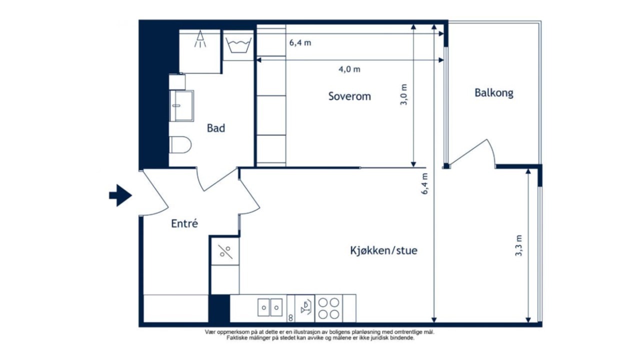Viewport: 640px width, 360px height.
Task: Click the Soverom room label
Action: coord(349,96)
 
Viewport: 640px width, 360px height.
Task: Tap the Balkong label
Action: coord(494,93)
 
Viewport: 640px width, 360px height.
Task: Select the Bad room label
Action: coord(216,128)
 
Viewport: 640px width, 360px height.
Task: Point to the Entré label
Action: coord(184,223)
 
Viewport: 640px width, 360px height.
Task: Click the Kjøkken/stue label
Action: coord(383,250)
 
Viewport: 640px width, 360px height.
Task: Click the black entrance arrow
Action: coord(120,195)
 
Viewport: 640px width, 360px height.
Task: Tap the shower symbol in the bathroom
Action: coord(200,39)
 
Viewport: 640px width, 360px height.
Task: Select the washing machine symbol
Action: coord(238,45)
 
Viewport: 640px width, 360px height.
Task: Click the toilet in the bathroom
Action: coord(180,145)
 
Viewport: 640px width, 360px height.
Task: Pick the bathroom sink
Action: coord(181,106)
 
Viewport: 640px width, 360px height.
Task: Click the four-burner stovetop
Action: coord(328,308)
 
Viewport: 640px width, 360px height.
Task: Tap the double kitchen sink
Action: coord(270,307)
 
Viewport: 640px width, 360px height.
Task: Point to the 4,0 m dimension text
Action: coord(349,69)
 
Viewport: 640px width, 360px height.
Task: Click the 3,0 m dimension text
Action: coord(403,94)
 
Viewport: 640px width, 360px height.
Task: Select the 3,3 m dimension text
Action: coord(518,245)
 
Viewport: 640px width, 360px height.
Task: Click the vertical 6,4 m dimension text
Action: coord(424,183)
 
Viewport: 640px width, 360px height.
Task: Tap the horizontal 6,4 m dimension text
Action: coord(300,43)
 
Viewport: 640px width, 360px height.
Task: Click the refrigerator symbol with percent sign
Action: coord(225,251)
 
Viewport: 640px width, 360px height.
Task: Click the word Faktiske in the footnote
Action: coord(235,338)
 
